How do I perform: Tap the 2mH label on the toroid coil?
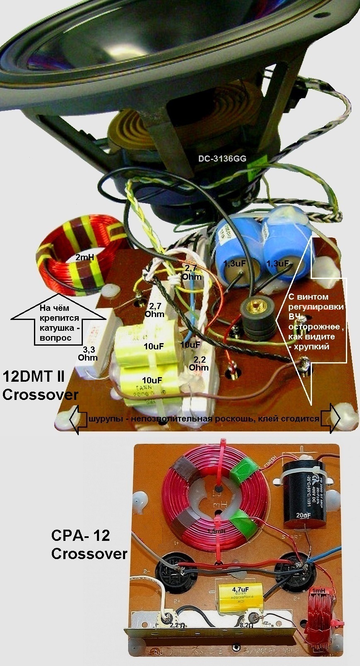coord(85,257)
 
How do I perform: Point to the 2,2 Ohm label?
coord(198,363)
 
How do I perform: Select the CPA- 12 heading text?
coord(81,535)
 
